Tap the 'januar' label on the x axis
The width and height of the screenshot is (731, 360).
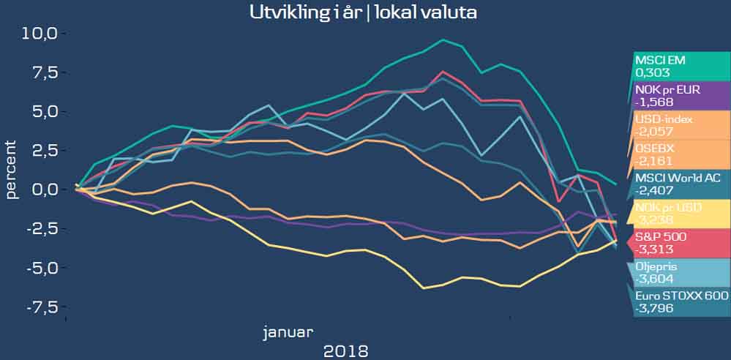[288, 332]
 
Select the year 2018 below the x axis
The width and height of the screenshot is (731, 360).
[345, 350]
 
